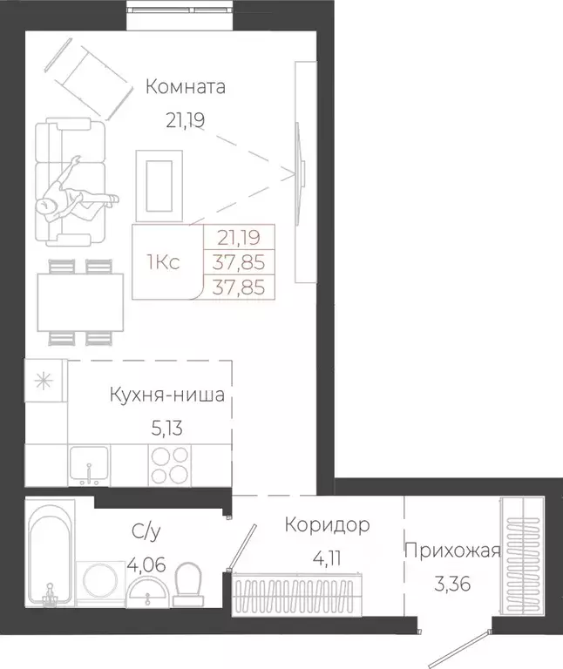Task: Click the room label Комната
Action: tap(186, 87)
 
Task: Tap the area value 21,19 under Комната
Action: tap(185, 120)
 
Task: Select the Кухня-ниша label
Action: tap(166, 395)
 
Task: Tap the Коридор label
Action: tap(328, 524)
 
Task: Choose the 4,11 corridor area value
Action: tap(328, 557)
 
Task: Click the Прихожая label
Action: tap(451, 551)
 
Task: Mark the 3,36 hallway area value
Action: tap(451, 584)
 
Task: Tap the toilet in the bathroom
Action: tap(189, 584)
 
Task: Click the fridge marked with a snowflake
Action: tap(45, 381)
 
